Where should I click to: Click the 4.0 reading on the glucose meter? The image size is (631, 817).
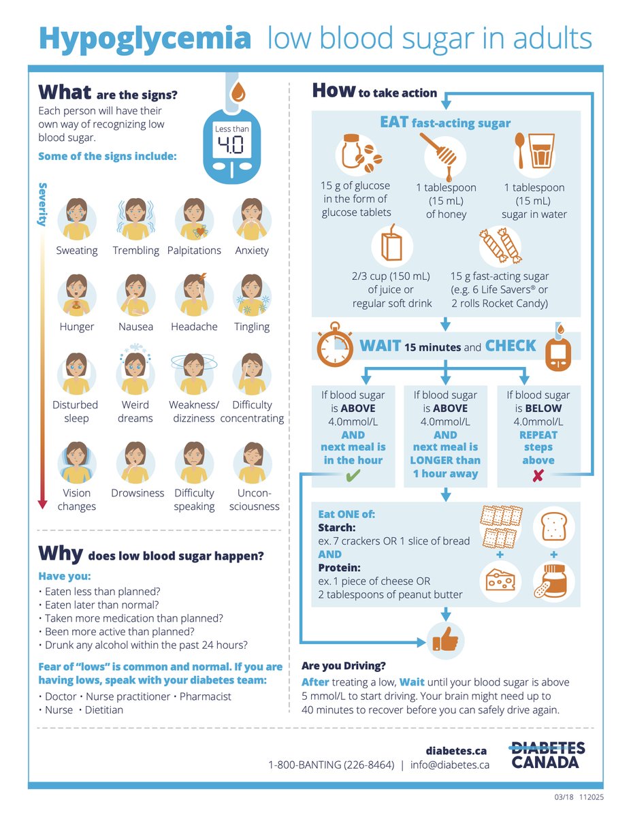(231, 145)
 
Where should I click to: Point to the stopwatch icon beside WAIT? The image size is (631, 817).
(334, 344)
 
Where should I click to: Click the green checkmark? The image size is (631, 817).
(353, 475)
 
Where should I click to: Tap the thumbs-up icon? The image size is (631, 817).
(446, 638)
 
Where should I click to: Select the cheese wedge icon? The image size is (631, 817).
(500, 580)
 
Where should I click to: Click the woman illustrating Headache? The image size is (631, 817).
(195, 295)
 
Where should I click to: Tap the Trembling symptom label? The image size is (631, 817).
(136, 251)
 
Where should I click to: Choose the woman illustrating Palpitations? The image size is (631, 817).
(194, 219)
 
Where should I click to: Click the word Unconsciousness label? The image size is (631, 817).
(254, 499)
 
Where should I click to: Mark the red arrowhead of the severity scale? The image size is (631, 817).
(42, 504)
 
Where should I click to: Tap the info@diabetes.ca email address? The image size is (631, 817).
(450, 765)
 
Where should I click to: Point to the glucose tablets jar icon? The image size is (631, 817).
(359, 153)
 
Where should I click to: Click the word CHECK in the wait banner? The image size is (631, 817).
(511, 346)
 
